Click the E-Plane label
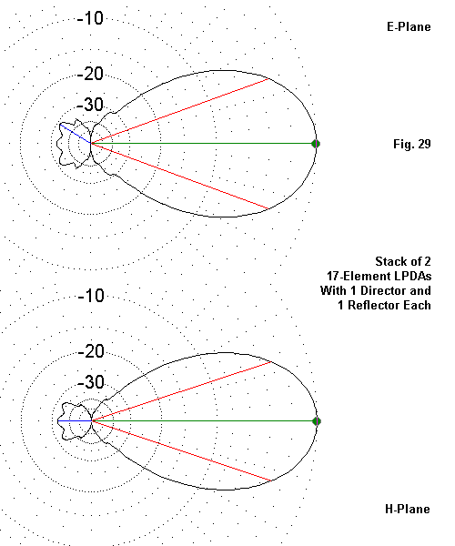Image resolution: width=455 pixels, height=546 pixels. [409, 26]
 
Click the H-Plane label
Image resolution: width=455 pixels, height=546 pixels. [408, 509]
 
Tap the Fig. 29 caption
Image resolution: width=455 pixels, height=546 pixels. [412, 144]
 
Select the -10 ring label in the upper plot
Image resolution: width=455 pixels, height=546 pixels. [90, 18]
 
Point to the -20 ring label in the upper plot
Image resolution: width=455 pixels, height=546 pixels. [90, 74]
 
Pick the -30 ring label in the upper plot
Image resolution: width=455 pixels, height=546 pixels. [90, 105]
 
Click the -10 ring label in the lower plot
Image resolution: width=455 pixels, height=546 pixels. [91, 296]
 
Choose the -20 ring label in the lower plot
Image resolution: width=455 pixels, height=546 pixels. [91, 351]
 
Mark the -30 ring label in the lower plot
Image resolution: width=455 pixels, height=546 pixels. [91, 382]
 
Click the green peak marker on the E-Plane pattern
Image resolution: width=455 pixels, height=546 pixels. [316, 144]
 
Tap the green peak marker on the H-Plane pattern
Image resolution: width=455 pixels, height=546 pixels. [317, 421]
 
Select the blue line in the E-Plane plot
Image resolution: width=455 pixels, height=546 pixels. [76, 134]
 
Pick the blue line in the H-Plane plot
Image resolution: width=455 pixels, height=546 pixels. [75, 421]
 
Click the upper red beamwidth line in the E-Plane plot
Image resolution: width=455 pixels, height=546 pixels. [179, 111]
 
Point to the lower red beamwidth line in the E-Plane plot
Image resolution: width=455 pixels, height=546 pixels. [179, 176]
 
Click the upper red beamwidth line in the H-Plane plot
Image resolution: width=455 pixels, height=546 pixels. [181, 391]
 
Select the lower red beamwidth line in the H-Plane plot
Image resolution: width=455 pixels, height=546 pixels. [181, 451]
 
